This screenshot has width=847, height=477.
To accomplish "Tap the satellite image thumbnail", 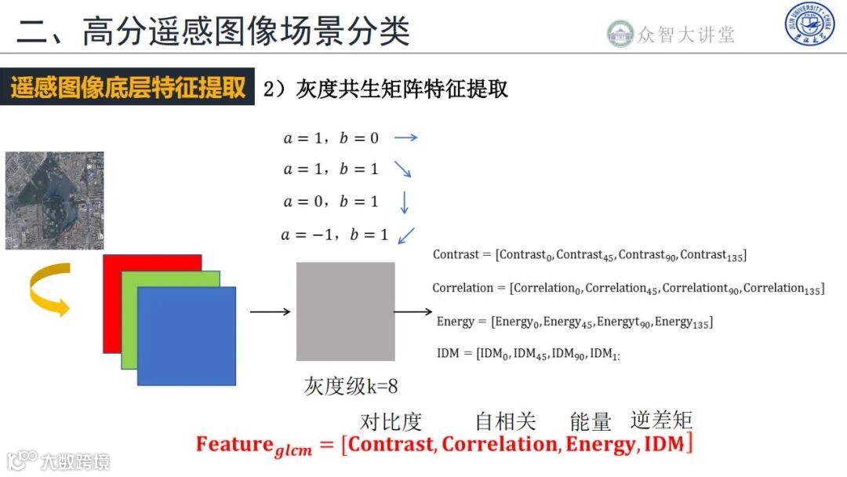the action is [55, 201].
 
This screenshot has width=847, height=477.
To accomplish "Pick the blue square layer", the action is [187, 336].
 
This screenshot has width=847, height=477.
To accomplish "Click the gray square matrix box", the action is [345, 311].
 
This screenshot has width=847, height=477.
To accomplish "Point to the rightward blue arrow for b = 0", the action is [405, 137].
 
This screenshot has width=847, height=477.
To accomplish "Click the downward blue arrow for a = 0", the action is [405, 202].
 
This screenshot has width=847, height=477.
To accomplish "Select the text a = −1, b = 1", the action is [334, 235].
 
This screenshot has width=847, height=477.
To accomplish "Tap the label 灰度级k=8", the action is [351, 385].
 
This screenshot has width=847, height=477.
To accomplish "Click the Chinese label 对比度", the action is [391, 422].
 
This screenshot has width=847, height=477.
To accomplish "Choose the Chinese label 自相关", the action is [505, 422].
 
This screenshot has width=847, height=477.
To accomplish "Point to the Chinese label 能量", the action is [591, 422].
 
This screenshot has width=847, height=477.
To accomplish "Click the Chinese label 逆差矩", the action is [661, 421].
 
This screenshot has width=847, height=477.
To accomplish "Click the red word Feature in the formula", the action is [234, 444].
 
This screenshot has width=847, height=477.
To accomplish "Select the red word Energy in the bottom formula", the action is [600, 444].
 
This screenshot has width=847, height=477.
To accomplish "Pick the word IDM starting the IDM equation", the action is [448, 354].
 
